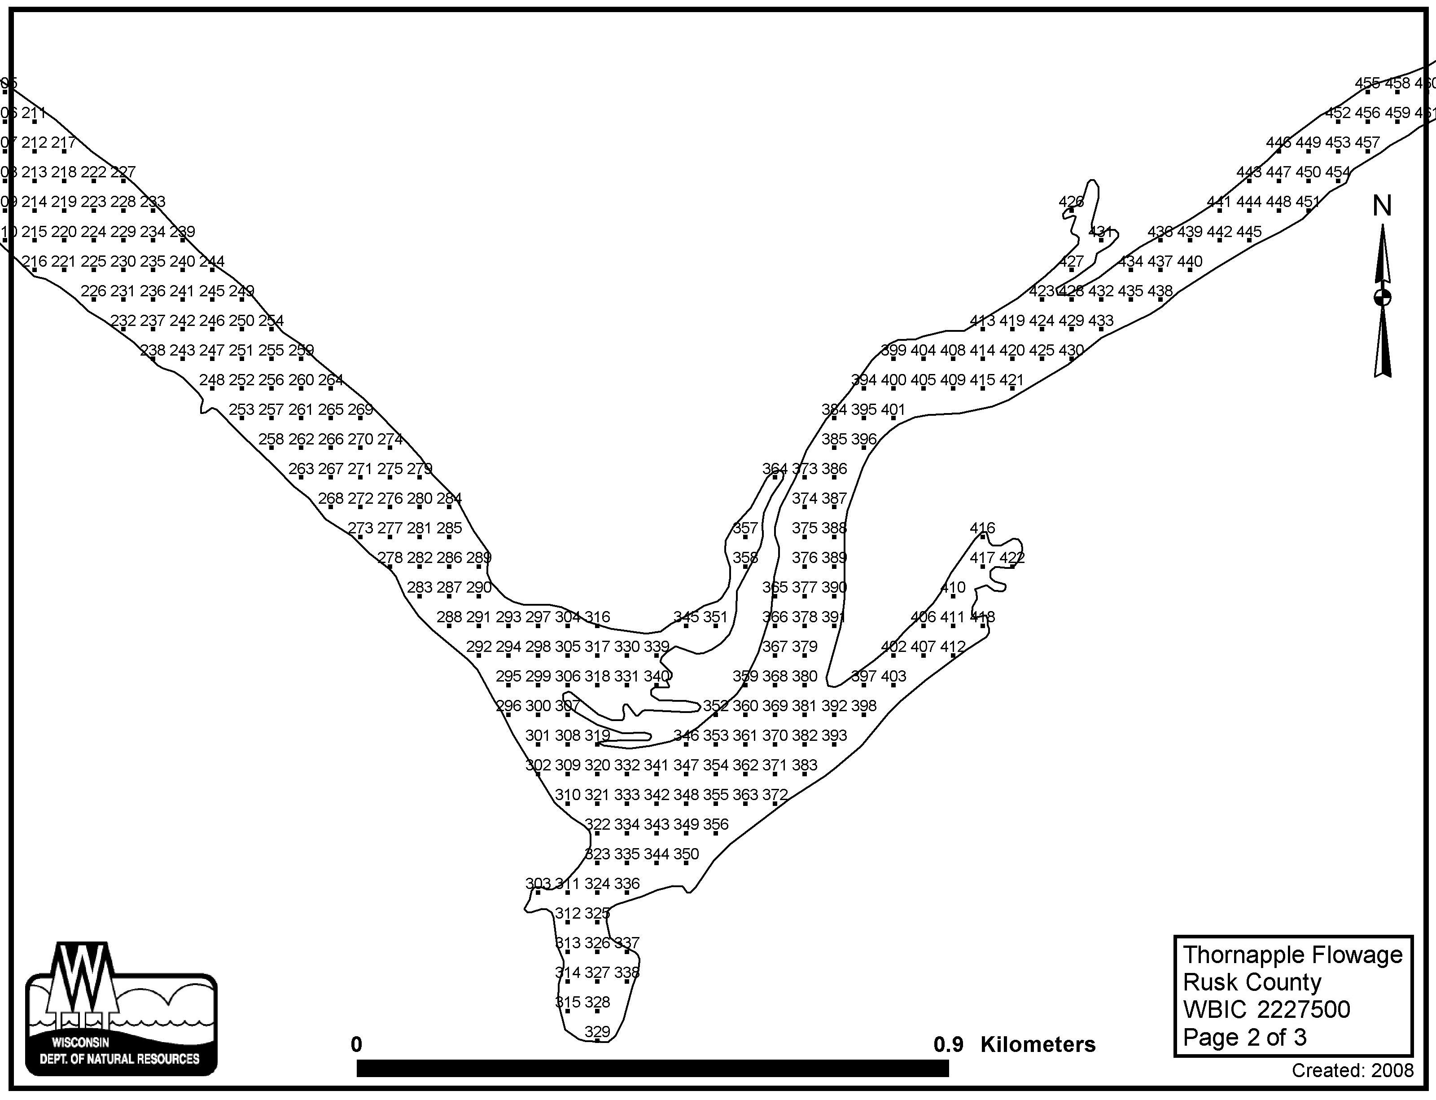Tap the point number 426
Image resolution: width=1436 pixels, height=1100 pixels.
point(1071,202)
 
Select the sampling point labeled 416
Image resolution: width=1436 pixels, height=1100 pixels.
point(982,528)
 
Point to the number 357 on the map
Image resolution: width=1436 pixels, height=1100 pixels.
point(745,528)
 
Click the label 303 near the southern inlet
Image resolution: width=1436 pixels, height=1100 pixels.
point(538,883)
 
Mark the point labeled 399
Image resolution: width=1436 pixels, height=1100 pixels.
point(893,350)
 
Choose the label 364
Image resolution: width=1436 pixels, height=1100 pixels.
point(774,469)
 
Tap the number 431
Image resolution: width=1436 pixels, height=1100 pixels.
point(1100,231)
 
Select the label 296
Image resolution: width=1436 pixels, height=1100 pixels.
point(508,706)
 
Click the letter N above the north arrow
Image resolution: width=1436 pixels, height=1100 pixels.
point(1382,206)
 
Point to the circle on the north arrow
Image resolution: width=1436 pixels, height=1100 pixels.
point(1382,297)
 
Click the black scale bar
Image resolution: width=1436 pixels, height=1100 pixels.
point(652,1068)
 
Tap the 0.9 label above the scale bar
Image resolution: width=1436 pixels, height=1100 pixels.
point(948,1044)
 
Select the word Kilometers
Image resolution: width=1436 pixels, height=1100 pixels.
point(1038,1044)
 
